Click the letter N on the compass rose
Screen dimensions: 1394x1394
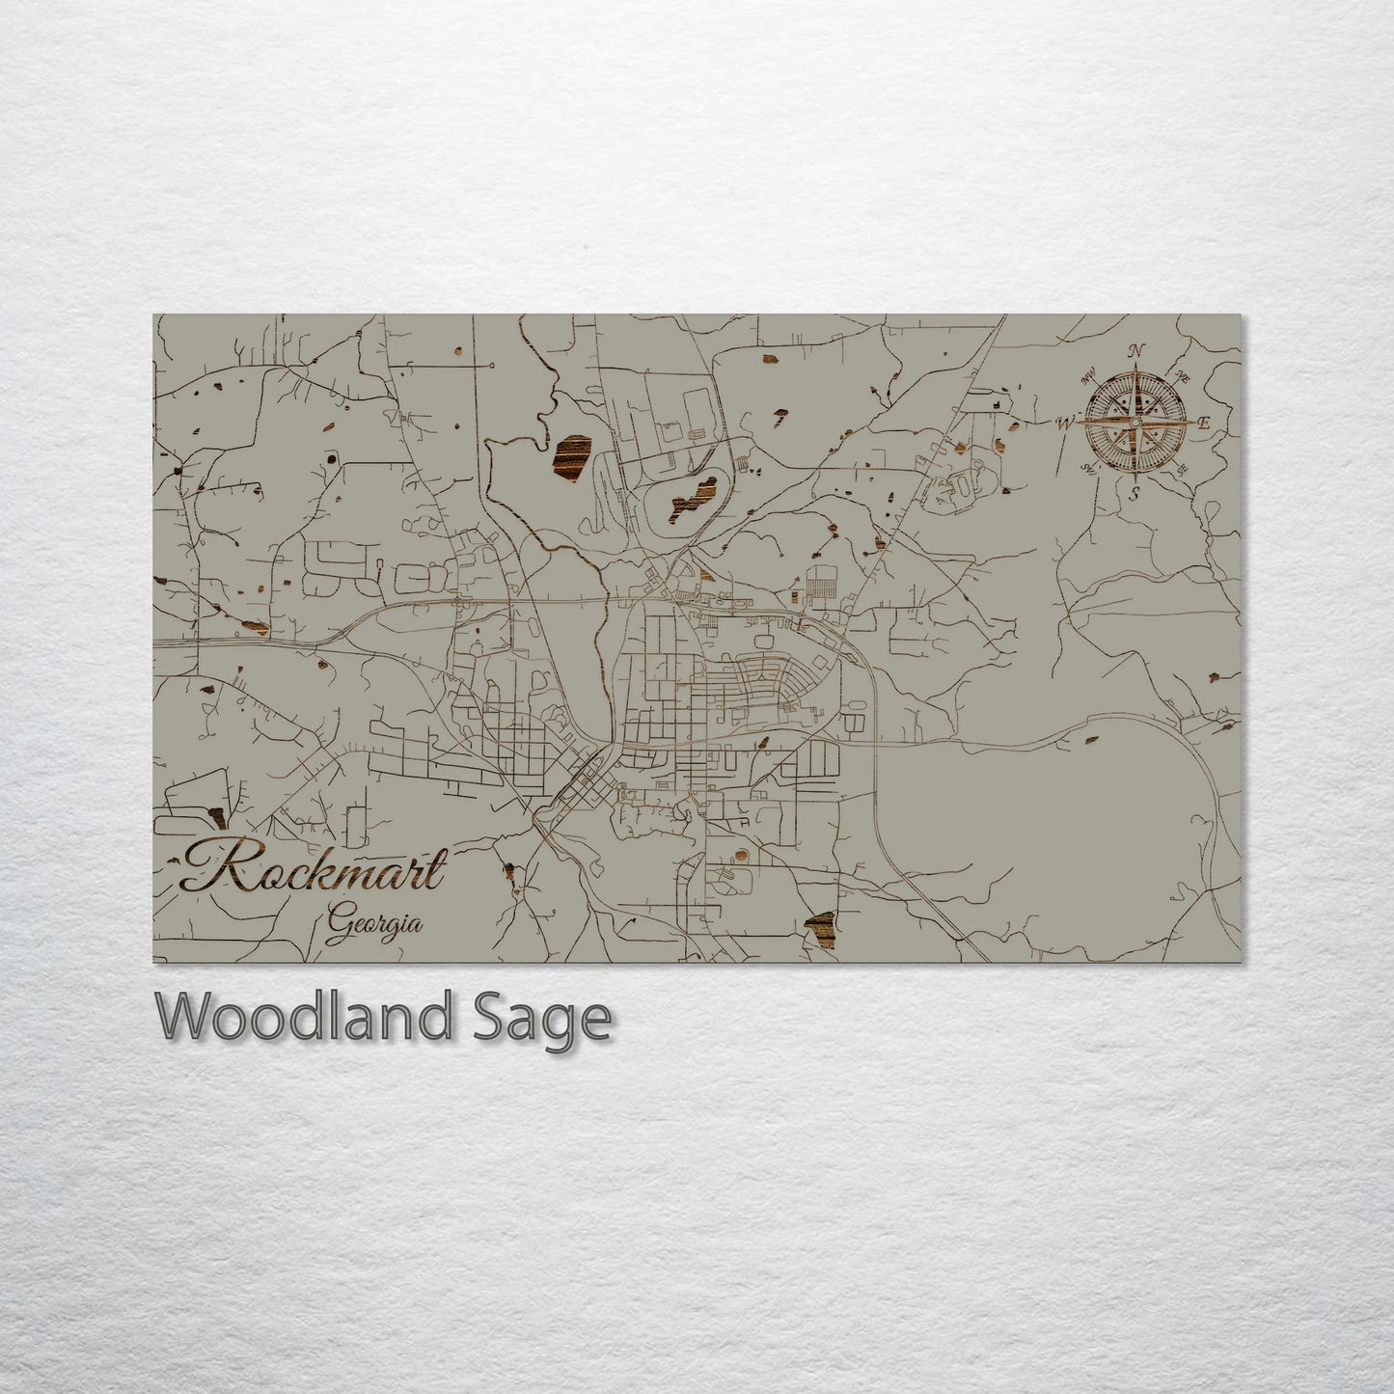1137,350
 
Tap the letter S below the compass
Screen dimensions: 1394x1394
1135,494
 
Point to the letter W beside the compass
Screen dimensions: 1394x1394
1065,422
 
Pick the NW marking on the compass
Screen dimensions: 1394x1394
1091,377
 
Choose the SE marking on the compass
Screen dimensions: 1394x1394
1182,469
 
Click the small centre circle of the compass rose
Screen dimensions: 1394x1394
1135,423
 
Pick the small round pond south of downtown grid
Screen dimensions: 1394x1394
740,855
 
